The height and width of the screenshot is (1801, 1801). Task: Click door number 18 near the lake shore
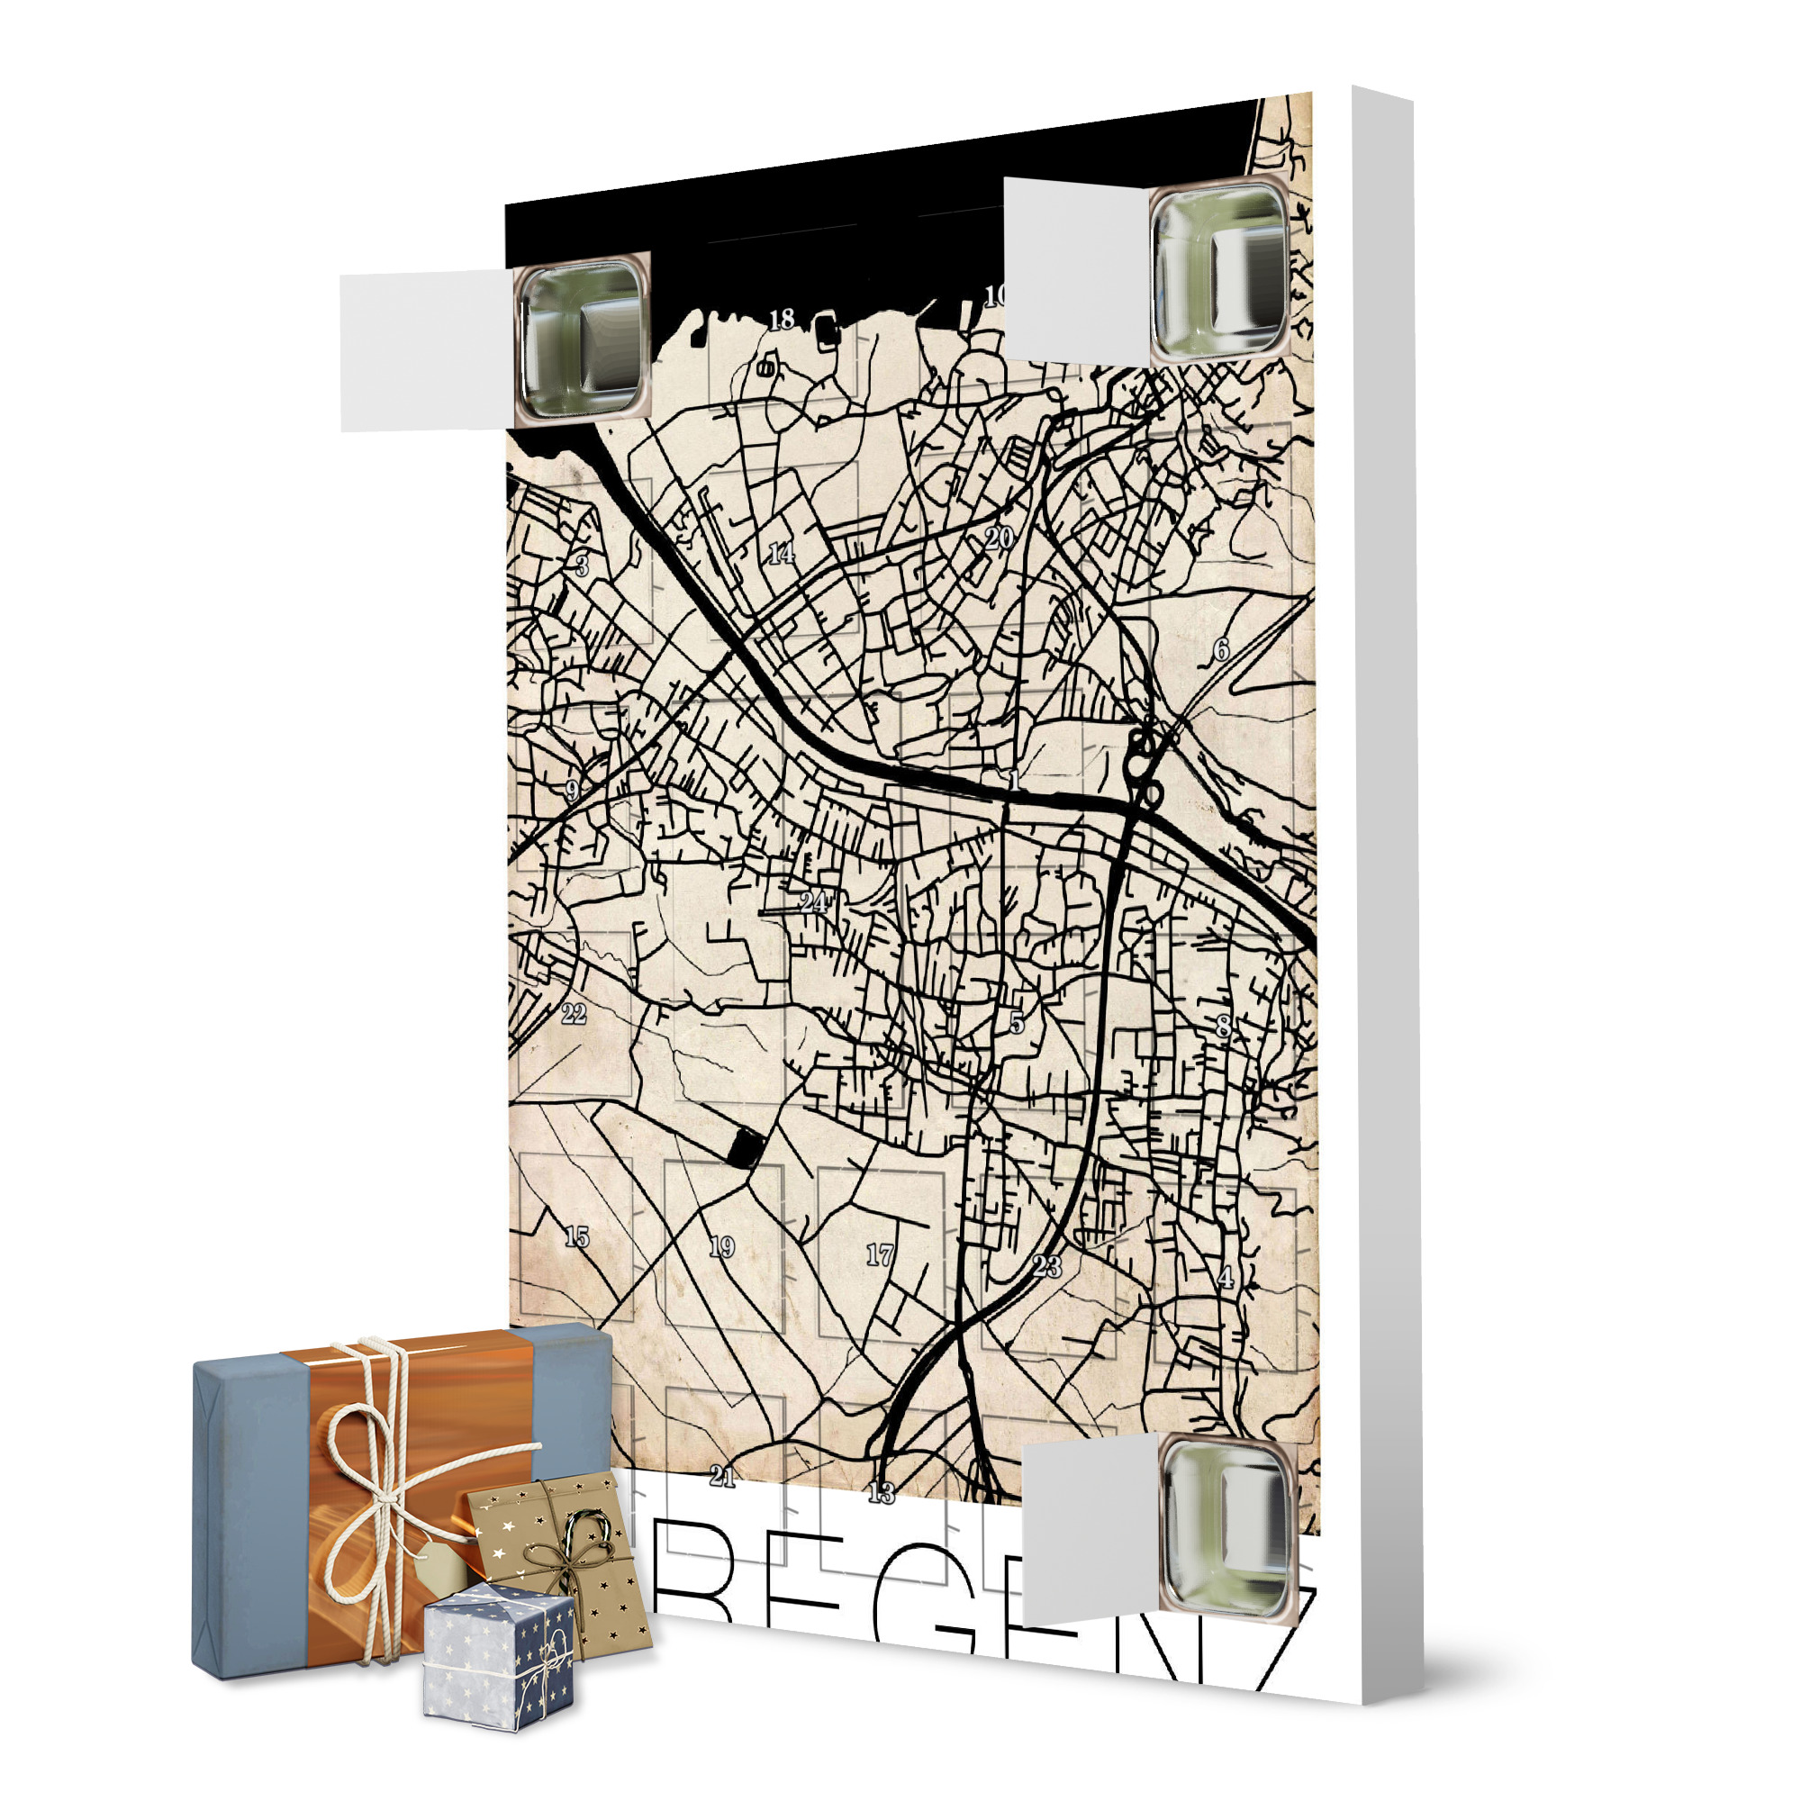coord(781,320)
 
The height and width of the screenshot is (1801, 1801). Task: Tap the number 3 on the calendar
coord(582,566)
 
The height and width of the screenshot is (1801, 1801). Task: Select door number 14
coord(781,553)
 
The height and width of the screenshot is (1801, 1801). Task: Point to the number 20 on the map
coord(999,538)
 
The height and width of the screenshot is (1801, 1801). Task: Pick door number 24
coord(814,902)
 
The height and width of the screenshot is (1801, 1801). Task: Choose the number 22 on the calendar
coord(574,1014)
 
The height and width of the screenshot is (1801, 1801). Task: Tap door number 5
coord(1017,1023)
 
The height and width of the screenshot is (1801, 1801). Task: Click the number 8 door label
coord(1223,1027)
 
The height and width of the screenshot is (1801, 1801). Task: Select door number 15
coord(577,1237)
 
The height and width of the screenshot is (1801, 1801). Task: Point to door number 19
coord(721,1247)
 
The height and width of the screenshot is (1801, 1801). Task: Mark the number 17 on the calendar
coord(879,1255)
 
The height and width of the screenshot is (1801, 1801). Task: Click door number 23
coord(1047,1266)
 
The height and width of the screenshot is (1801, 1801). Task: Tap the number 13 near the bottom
coord(881,1492)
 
